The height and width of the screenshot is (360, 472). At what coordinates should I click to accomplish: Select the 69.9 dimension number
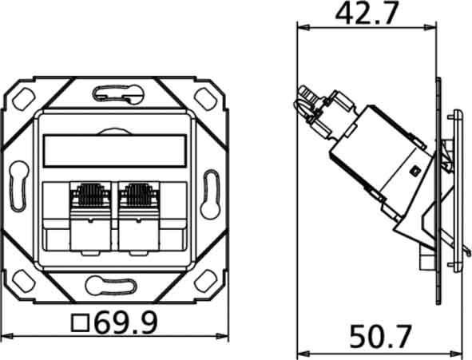click(125, 322)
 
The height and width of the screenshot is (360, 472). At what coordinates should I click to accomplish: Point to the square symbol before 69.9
click(80, 322)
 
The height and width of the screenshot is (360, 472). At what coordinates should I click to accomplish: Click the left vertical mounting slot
click(18, 188)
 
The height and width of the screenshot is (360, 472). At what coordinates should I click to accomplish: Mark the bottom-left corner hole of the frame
click(20, 280)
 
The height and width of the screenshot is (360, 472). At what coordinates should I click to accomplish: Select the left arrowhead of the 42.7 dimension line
click(301, 26)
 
